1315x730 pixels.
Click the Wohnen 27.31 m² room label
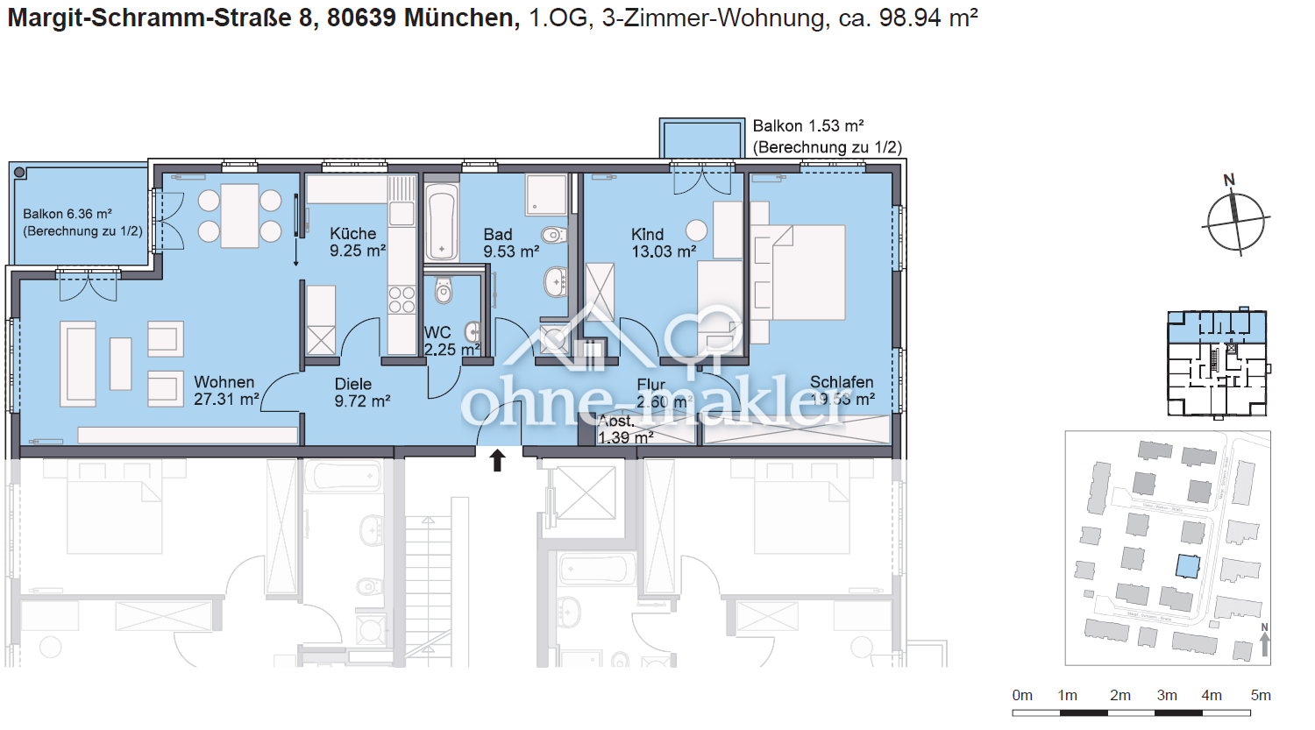226,391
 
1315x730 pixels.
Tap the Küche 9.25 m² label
358,242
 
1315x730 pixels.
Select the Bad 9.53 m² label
510,243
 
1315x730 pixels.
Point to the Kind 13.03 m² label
663,243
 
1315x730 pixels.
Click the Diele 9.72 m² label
361,393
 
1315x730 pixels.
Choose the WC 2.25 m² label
451,341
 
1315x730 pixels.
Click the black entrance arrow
498,460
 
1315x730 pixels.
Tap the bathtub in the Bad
441,222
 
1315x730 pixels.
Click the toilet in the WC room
444,290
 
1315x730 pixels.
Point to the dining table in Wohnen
239,216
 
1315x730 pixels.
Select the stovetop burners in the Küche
402,300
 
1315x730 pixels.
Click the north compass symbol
1235,219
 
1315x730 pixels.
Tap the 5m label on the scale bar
1260,695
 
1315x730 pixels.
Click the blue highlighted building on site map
1187,566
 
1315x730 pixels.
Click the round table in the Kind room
696,230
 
